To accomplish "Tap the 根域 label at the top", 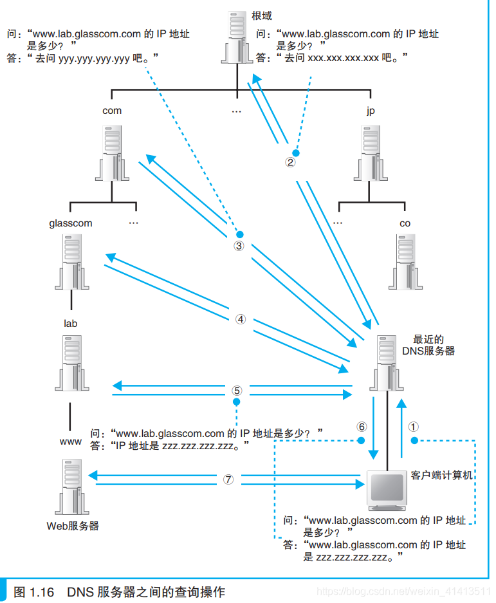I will [262, 16].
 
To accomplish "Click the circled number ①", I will [414, 426].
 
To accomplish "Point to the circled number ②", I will [290, 162].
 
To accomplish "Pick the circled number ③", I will [239, 246].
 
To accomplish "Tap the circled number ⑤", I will [237, 391].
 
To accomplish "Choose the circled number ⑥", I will [362, 426].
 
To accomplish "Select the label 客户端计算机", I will [441, 476].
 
